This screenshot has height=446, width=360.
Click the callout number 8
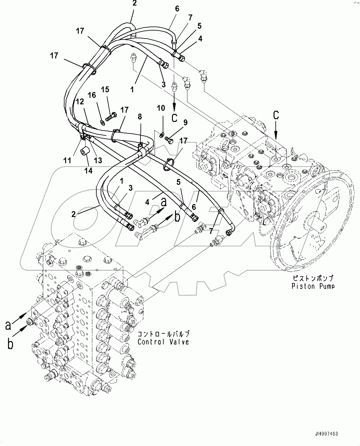pos(140,117)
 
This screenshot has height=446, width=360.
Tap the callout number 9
pos(185,123)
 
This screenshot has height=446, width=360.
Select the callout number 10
pos(161,108)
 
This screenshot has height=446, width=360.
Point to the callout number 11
pos(67,160)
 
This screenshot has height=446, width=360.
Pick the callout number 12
pos(80,102)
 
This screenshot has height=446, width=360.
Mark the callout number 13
pos(98,160)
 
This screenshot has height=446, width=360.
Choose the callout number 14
pos(88,170)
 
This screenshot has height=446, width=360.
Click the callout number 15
pos(105,90)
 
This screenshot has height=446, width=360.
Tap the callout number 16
pos(92,95)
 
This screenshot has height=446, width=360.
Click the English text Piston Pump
pos(313,286)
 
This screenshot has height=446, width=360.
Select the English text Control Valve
pos(163,342)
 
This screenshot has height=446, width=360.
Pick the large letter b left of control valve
pos(10,344)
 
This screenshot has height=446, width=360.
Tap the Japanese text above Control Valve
pos(163,334)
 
